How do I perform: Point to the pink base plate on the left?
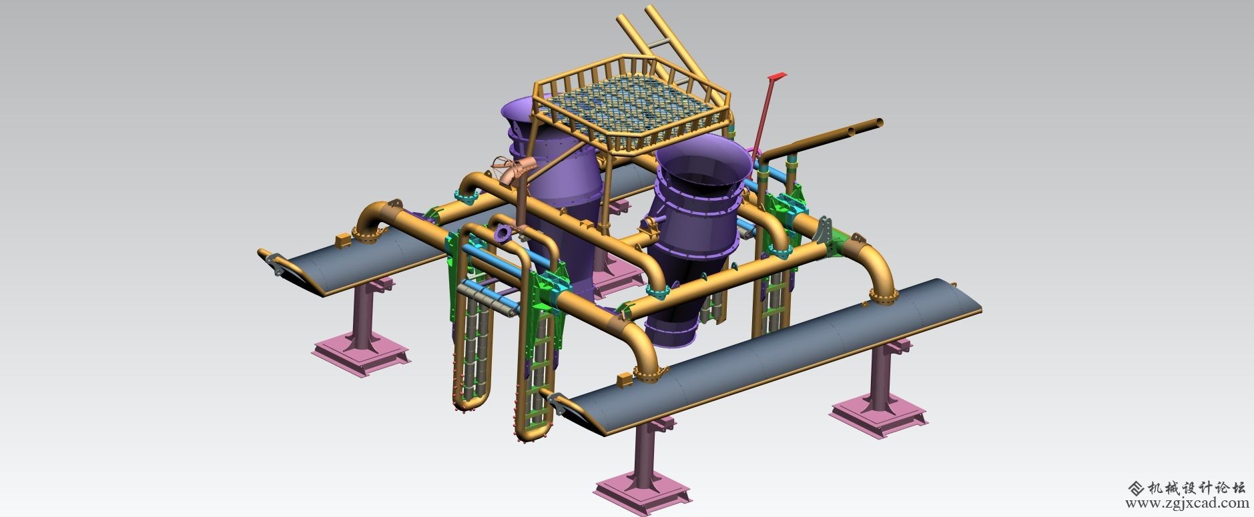(x=360, y=354)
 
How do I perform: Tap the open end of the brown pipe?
(x=880, y=123)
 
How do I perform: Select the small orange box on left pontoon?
(x=341, y=239)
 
